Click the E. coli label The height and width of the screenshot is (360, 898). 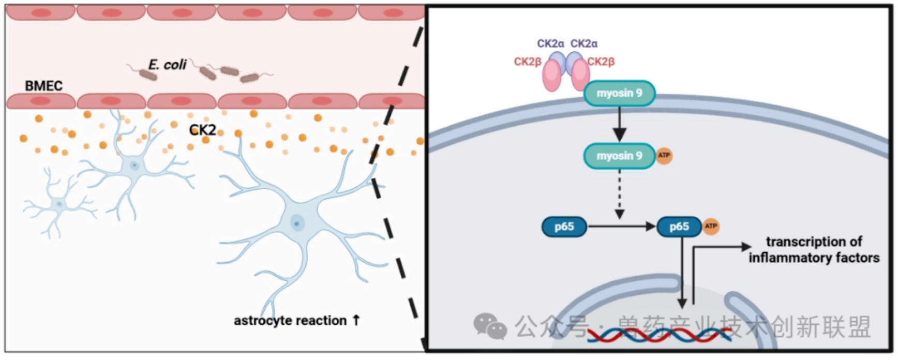coord(167,65)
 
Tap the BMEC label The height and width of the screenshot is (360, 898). coord(43,86)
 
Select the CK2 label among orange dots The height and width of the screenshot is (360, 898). coord(202,130)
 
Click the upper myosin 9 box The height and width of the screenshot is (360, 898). coord(619,93)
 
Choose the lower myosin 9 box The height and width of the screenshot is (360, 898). coord(619,156)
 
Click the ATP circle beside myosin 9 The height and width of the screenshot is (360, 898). coord(664,155)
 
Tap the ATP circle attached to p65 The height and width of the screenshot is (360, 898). coord(711,226)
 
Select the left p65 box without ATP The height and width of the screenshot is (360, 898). coord(564,227)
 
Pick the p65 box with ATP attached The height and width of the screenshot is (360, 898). coord(679,227)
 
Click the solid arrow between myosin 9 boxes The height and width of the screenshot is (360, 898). coord(619,125)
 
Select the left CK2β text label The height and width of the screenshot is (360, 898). coord(527,62)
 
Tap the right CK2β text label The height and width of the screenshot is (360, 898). coord(601,62)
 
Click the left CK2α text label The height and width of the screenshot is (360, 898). coord(550,43)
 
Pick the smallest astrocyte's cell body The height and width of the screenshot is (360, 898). coord(59,204)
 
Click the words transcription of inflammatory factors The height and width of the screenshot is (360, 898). coord(814,249)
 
